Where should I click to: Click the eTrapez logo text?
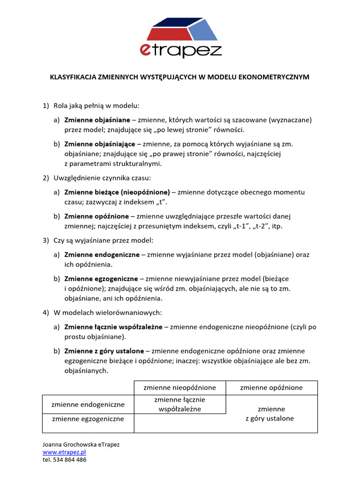[x=180, y=51]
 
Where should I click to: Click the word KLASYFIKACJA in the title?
[x=73, y=76]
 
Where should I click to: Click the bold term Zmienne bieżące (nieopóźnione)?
[x=117, y=192]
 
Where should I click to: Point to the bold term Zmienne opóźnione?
[x=96, y=216]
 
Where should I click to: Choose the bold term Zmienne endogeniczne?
[x=102, y=255]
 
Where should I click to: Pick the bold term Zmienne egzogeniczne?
[x=101, y=278]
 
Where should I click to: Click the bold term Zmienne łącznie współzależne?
[x=113, y=327]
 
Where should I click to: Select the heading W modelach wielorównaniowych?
[x=107, y=312]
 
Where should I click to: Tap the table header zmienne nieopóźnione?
[x=180, y=388]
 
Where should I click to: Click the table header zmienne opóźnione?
[x=271, y=388]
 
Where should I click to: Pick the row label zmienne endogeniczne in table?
[x=88, y=404]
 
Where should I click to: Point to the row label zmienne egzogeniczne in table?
[x=88, y=419]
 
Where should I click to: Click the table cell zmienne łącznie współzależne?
[x=180, y=404]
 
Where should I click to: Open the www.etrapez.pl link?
[x=64, y=452]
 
